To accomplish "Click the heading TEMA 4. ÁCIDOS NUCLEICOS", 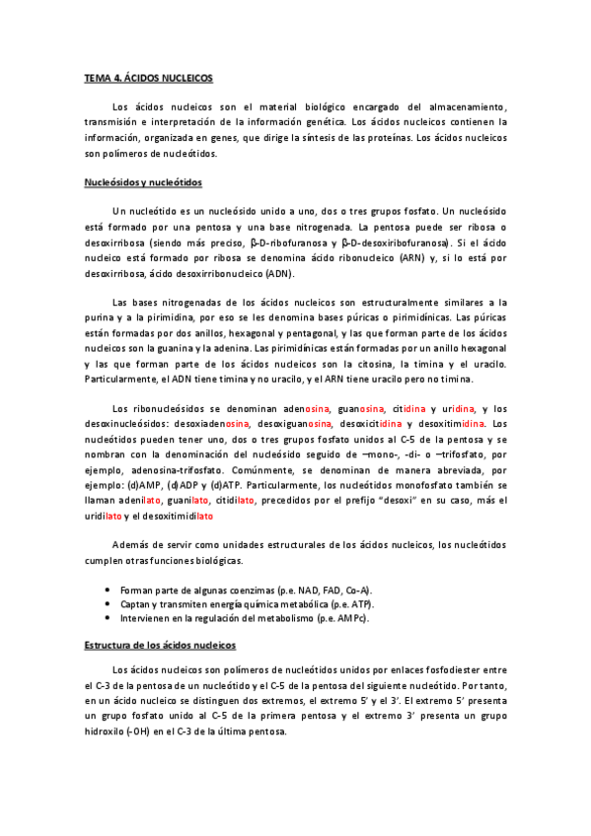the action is [148, 77].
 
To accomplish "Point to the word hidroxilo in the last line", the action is [107, 732].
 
